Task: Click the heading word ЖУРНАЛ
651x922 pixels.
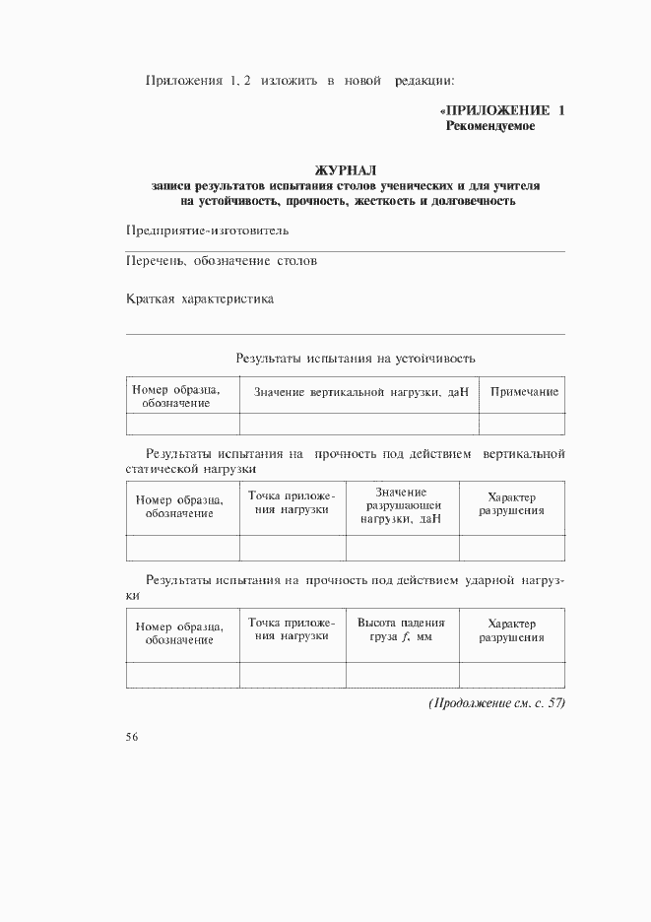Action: click(x=345, y=169)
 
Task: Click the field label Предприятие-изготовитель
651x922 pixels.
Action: click(x=208, y=230)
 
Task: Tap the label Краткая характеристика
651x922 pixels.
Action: click(x=200, y=299)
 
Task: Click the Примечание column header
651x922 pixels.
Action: click(x=524, y=392)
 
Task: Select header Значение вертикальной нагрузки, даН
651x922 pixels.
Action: click(x=360, y=392)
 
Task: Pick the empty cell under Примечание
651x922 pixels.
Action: click(x=522, y=424)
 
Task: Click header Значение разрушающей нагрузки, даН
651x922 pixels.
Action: click(x=401, y=505)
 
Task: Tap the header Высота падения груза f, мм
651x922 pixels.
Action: click(x=401, y=630)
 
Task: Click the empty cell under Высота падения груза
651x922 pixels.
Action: click(x=402, y=675)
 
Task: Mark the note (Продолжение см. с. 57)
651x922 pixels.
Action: click(x=496, y=702)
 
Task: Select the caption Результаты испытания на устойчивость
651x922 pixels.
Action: click(x=356, y=358)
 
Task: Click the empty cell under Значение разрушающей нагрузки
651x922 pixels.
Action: click(x=402, y=548)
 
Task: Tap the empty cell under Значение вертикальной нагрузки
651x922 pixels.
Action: click(x=359, y=424)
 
